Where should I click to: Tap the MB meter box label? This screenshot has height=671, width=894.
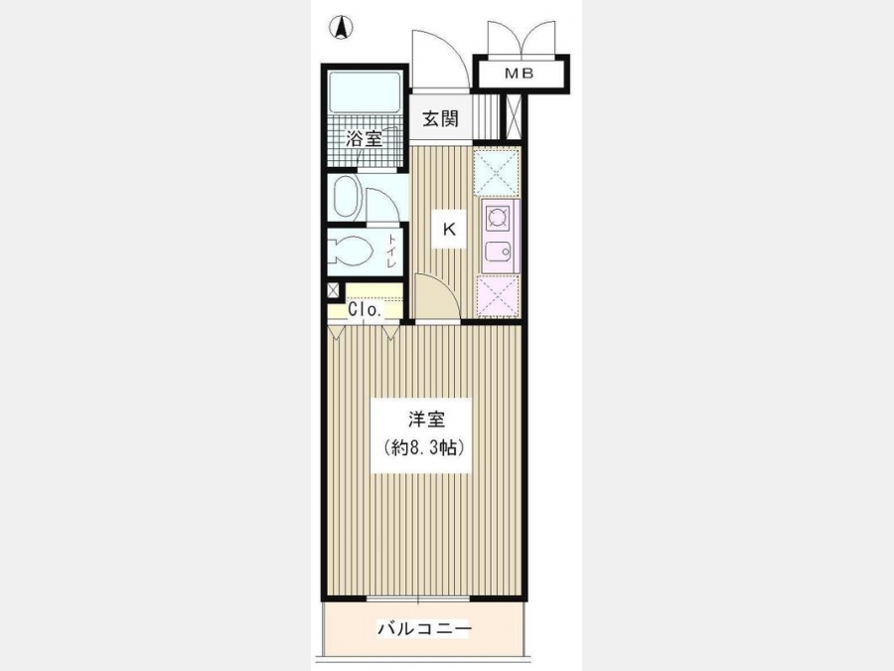point(520,74)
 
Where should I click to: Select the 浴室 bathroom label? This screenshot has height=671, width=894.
point(365,138)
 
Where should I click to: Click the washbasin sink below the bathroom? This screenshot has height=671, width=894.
point(346,197)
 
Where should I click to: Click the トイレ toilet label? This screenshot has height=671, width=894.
point(391,252)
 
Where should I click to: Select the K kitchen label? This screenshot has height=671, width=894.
point(449,230)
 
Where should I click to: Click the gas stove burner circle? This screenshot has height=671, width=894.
point(496,218)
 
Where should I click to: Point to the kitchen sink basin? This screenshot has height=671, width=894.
point(498,252)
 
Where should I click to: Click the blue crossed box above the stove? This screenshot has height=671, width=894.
point(496,172)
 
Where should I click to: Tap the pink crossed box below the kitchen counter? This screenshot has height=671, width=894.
point(498,296)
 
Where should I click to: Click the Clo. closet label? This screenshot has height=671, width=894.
point(365,310)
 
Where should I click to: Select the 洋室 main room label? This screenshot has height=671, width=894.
point(426,419)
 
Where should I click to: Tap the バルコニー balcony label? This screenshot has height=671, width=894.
point(425,629)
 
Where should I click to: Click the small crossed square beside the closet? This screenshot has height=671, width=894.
point(333,290)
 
